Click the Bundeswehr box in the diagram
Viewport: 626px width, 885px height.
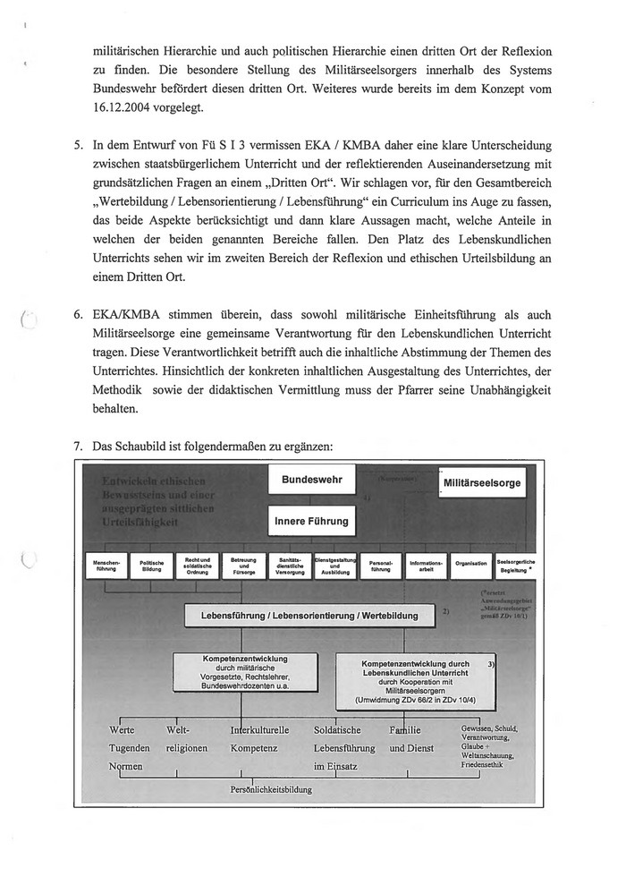tap(312, 481)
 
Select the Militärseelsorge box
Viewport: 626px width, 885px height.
tap(482, 484)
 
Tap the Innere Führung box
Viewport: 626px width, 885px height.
tap(312, 521)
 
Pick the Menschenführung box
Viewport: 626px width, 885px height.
tap(106, 566)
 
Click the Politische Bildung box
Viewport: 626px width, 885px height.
tap(151, 566)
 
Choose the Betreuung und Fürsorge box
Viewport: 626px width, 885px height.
tap(243, 565)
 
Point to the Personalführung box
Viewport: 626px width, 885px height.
tap(381, 565)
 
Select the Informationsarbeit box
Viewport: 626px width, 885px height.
tap(426, 565)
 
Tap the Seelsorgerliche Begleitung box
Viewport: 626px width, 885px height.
tap(516, 565)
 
